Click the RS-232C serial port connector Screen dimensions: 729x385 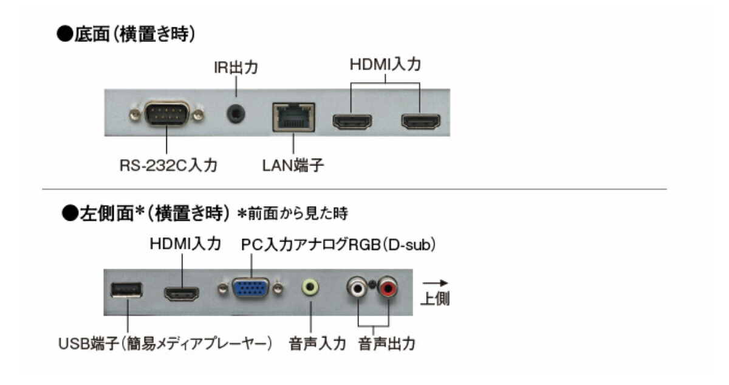166,113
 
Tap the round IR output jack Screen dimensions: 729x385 236,114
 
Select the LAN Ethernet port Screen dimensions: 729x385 293,117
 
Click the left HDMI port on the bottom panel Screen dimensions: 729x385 352,122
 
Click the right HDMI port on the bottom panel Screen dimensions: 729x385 421,122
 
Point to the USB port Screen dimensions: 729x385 126,290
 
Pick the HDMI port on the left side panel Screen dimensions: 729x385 182,294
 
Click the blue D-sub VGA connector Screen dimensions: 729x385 250,288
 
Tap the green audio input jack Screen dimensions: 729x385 310,287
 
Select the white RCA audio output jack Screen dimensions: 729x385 357,287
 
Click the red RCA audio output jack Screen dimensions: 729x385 388,287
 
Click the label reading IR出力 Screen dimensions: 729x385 236,68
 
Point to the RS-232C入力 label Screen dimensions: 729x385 168,165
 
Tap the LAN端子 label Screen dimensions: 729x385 293,165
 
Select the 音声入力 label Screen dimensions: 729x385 317,344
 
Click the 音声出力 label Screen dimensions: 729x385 386,344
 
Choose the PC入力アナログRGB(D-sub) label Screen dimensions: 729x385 338,245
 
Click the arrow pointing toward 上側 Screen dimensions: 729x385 435,283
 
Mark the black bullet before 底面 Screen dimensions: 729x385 65,34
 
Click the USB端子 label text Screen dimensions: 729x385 88,344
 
